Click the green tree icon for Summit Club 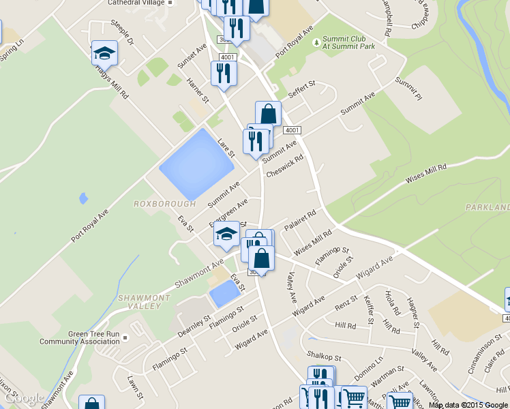pyautogui.click(x=316, y=43)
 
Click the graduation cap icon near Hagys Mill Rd pyautogui.click(x=104, y=53)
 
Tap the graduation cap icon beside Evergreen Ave pyautogui.click(x=226, y=234)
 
